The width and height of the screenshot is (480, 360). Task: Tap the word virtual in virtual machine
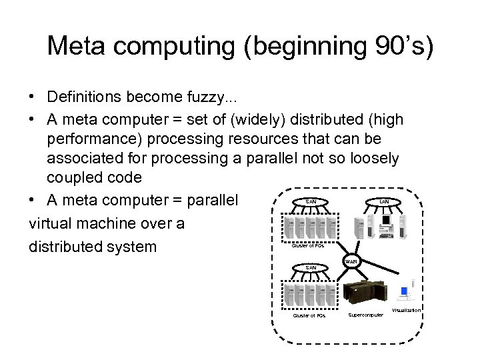[50, 223]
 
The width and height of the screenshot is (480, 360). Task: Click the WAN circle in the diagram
[351, 261]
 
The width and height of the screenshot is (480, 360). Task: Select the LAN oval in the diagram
[385, 201]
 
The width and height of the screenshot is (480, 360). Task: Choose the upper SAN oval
[311, 201]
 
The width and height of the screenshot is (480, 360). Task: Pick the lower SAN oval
[311, 268]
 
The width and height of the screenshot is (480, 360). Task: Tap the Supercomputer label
[366, 315]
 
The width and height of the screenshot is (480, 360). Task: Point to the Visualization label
[406, 311]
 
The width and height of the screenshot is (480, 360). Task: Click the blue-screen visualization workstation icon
[404, 294]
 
